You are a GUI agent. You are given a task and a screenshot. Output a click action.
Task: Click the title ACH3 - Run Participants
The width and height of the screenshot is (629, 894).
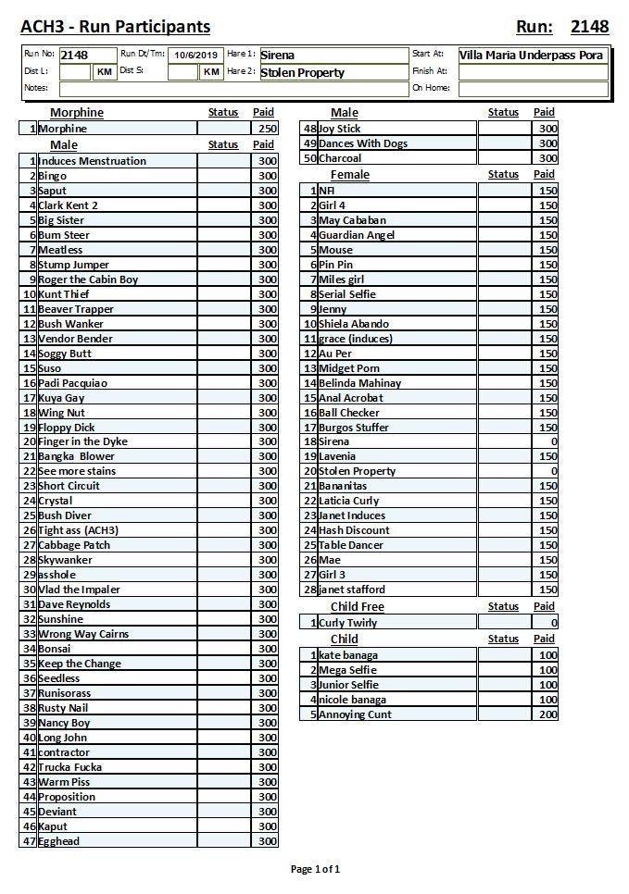pos(115,27)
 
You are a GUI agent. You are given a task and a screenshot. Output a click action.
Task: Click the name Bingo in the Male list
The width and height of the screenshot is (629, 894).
pos(53,176)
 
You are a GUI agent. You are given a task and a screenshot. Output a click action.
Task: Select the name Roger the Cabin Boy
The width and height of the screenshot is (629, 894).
pos(88,279)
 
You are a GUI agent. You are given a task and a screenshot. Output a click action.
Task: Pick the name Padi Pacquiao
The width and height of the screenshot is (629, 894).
pos(73,383)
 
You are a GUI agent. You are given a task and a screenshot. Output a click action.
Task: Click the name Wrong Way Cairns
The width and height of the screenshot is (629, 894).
pos(83,634)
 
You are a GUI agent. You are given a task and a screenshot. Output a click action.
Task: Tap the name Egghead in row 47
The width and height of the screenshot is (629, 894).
pos(59,841)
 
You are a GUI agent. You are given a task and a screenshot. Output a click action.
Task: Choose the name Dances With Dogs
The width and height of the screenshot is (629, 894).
pos(363,143)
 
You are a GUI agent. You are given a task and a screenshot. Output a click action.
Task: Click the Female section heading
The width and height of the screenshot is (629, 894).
pos(349,175)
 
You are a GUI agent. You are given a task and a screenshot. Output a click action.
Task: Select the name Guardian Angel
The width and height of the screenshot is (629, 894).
pos(357,235)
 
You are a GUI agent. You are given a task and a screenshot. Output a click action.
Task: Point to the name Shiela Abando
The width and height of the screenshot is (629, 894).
pos(354,324)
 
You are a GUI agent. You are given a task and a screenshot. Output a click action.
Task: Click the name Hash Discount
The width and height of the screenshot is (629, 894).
pos(354,530)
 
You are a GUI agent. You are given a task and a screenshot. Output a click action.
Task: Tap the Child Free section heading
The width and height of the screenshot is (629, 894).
pos(357,607)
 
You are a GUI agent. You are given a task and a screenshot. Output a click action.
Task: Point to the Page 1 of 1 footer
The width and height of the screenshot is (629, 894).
pos(315,869)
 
